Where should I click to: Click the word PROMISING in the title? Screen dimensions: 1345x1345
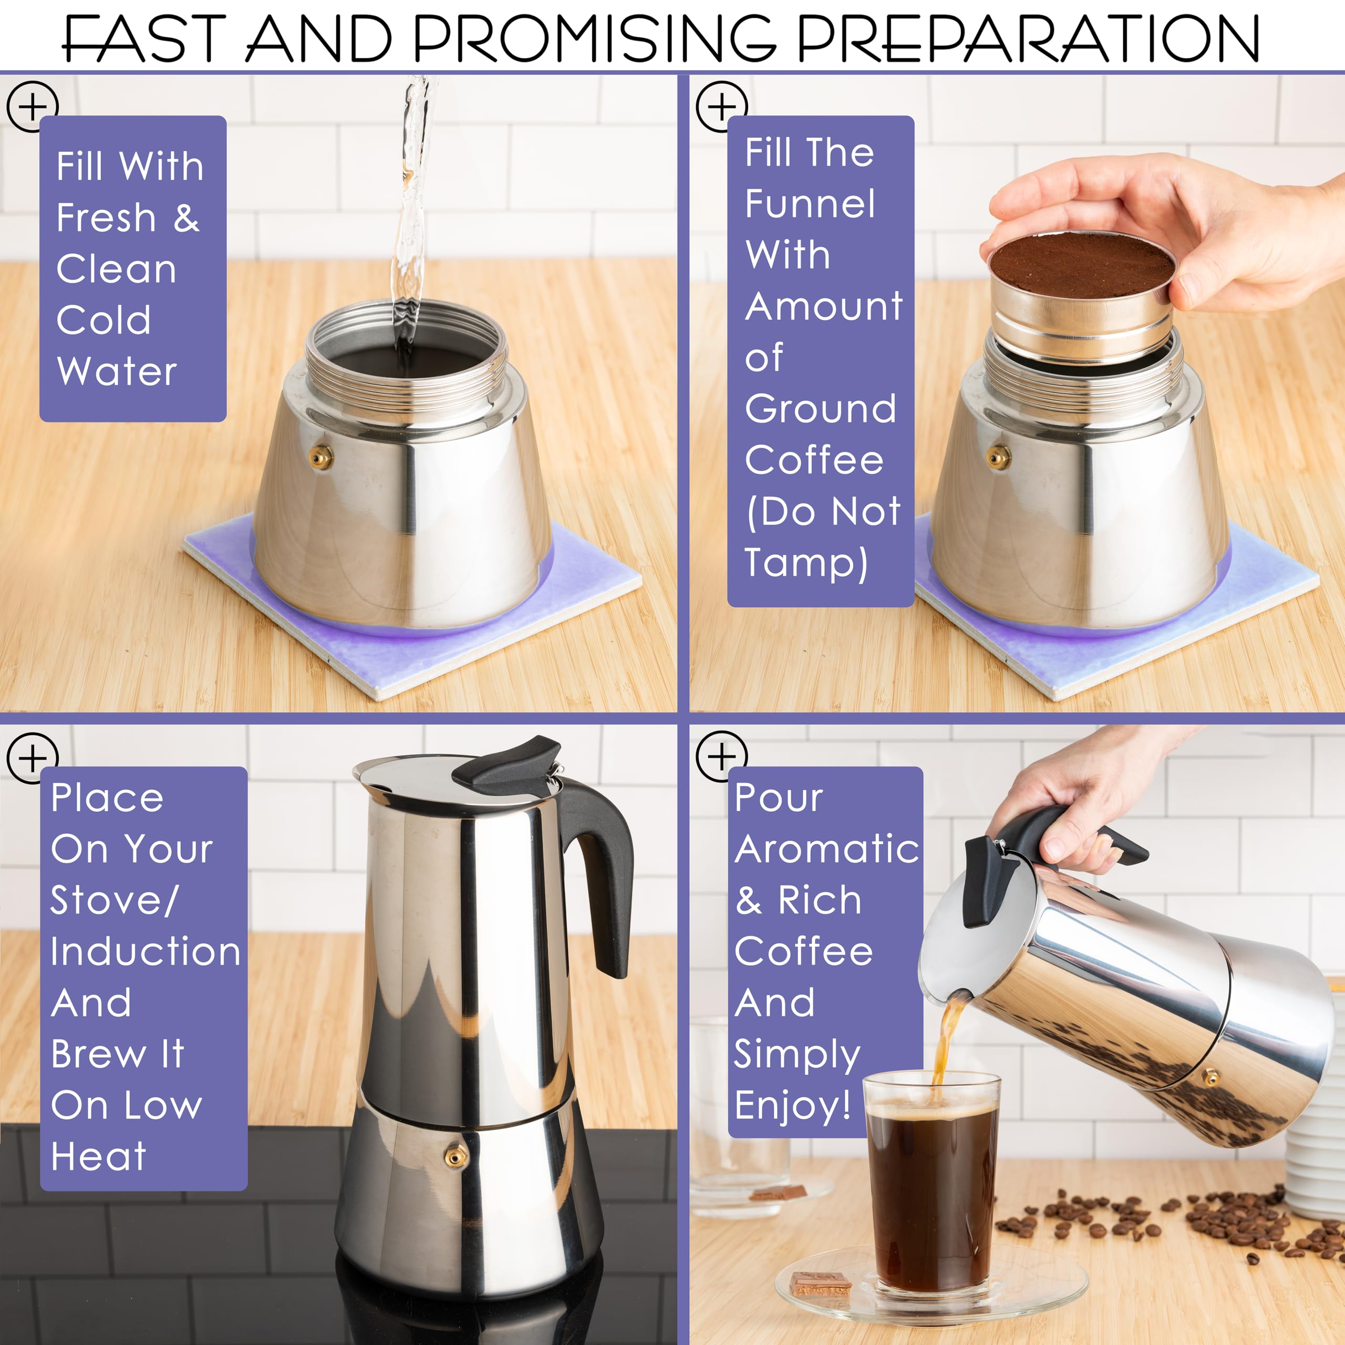click(595, 38)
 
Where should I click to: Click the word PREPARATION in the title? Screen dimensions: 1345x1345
click(1028, 38)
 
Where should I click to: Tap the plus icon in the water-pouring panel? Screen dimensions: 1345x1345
click(32, 107)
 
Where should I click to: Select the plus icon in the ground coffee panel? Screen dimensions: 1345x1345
click(721, 107)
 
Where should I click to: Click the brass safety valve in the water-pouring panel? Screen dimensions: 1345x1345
click(321, 458)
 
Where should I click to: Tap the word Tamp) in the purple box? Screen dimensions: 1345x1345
click(806, 563)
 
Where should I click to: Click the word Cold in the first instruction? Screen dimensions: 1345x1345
click(103, 320)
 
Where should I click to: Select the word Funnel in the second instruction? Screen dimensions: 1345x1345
click(810, 204)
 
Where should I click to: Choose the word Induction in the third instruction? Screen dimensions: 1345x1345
click(146, 951)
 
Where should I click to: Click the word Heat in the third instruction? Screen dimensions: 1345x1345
click(98, 1156)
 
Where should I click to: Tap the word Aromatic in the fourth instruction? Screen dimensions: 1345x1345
click(827, 850)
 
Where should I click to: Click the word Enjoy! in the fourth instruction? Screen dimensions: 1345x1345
click(792, 1105)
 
